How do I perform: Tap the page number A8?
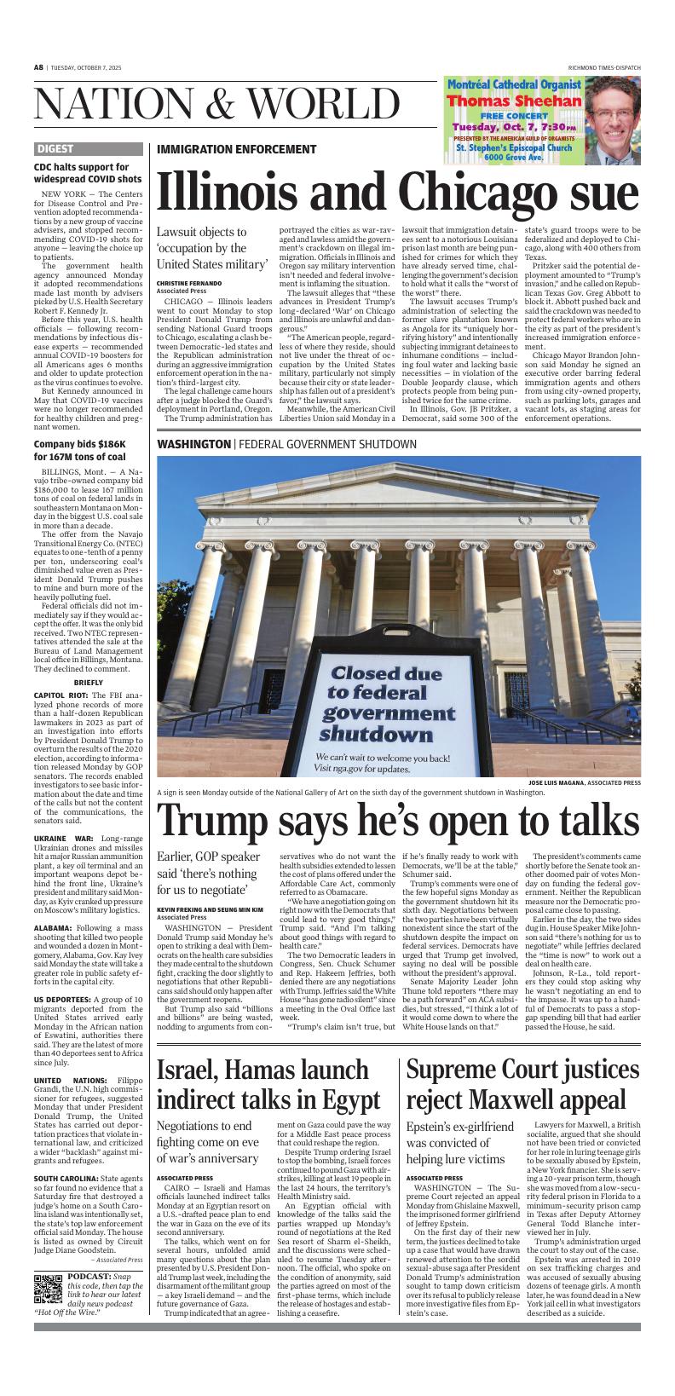click(x=38, y=67)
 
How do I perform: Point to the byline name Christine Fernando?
click(x=188, y=282)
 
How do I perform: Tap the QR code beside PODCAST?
click(x=49, y=1289)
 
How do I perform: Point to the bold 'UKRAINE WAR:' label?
click(x=58, y=839)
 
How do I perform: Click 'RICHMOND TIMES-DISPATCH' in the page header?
click(x=604, y=67)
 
